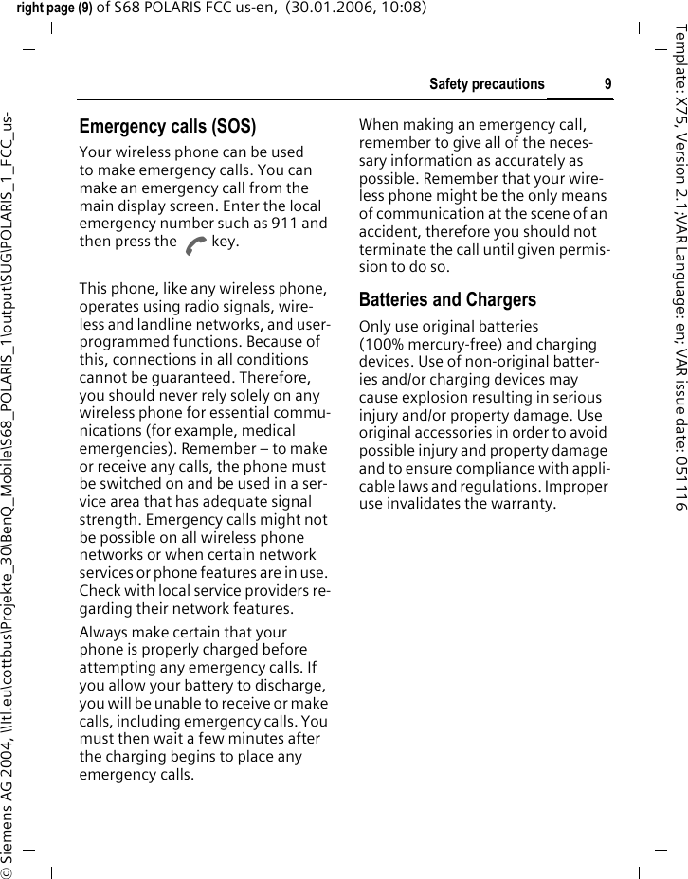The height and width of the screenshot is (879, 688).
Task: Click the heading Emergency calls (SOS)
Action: (167, 126)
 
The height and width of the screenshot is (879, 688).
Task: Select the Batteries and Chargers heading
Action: (447, 300)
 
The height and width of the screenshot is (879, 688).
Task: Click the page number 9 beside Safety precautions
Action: (607, 84)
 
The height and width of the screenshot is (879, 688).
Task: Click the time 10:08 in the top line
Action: (379, 9)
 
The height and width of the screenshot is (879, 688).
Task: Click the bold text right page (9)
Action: (57, 9)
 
